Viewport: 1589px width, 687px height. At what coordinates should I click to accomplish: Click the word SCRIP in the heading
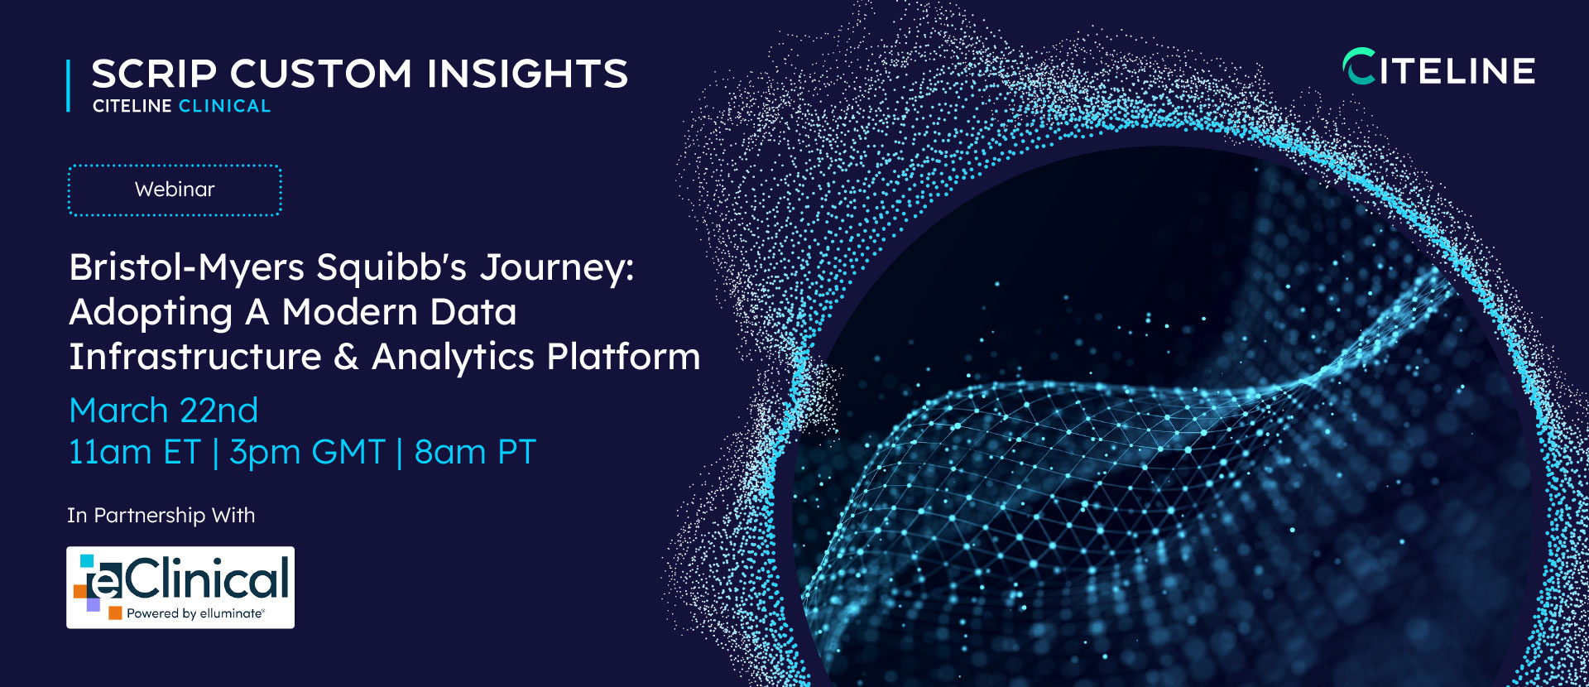(154, 74)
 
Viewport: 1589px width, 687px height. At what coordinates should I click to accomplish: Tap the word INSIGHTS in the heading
(527, 74)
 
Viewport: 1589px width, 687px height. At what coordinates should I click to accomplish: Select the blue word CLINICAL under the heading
(224, 106)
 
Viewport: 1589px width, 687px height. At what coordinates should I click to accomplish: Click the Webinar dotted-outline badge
(175, 190)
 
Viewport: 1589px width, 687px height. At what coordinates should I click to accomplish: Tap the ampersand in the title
(346, 357)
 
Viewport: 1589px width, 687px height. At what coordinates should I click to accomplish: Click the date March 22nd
(164, 411)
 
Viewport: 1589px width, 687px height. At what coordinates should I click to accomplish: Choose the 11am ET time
(135, 453)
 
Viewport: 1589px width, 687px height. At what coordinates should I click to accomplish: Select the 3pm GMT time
(308, 453)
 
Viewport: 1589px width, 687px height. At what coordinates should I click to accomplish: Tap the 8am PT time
(475, 453)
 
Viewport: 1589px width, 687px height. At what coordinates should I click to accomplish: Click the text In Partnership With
(161, 516)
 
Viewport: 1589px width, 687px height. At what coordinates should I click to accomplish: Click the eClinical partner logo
(180, 588)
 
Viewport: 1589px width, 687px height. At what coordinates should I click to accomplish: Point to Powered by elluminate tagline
(195, 613)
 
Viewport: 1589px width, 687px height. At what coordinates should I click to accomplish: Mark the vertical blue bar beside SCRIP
(69, 85)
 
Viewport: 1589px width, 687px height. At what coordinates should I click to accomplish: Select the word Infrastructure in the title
(195, 357)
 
